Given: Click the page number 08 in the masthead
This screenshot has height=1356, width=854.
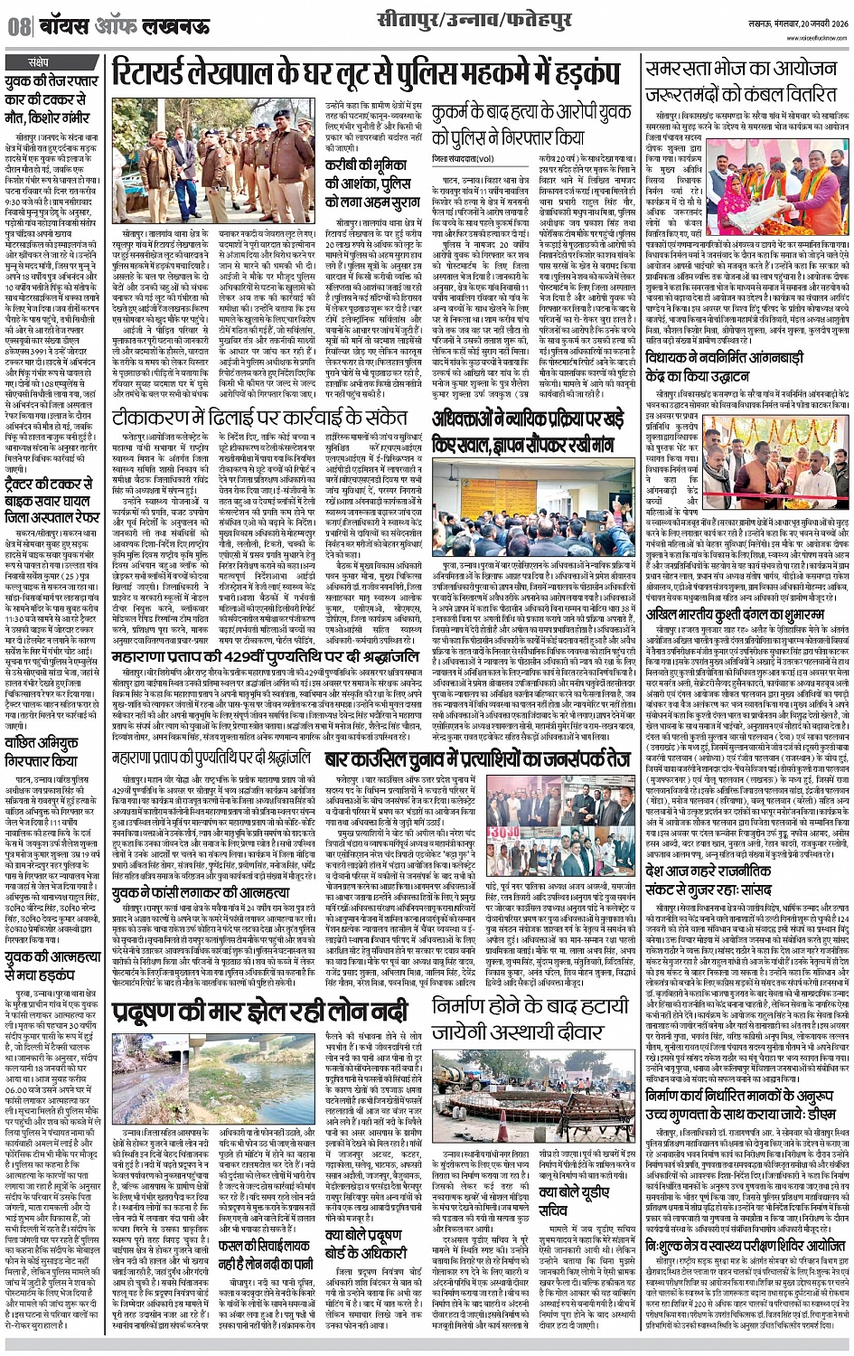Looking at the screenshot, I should click(x=19, y=28).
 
